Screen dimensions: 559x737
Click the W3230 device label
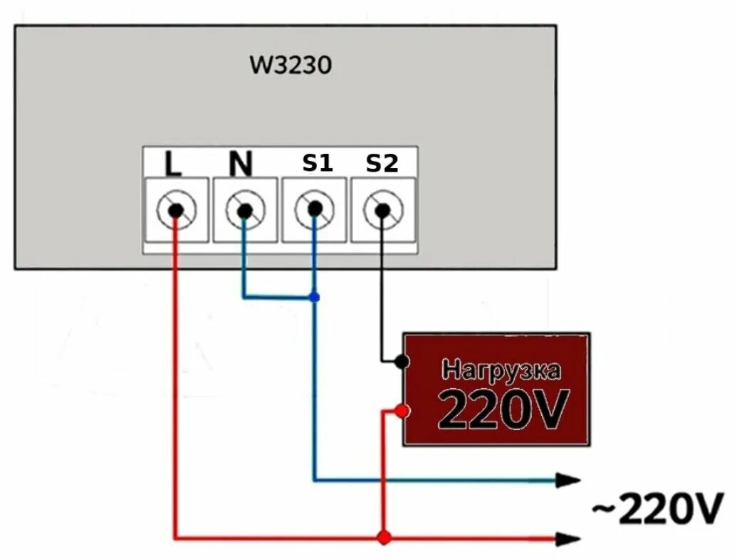click(291, 66)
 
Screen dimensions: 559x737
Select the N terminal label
click(241, 164)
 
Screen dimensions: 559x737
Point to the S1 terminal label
click(318, 163)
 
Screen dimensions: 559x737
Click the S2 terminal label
click(382, 164)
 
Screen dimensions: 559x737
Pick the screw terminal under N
click(244, 210)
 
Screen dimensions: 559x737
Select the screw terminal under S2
click(382, 210)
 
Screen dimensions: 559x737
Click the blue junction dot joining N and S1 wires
click(314, 297)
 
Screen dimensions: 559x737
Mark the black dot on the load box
click(402, 362)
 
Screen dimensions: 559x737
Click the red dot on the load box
click(402, 411)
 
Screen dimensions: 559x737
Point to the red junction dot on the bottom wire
click(385, 538)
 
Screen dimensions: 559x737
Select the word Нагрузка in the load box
click(501, 370)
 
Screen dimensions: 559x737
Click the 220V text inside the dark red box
click(503, 409)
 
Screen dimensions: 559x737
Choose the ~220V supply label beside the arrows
click(657, 509)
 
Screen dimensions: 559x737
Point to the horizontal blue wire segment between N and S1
click(278, 297)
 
